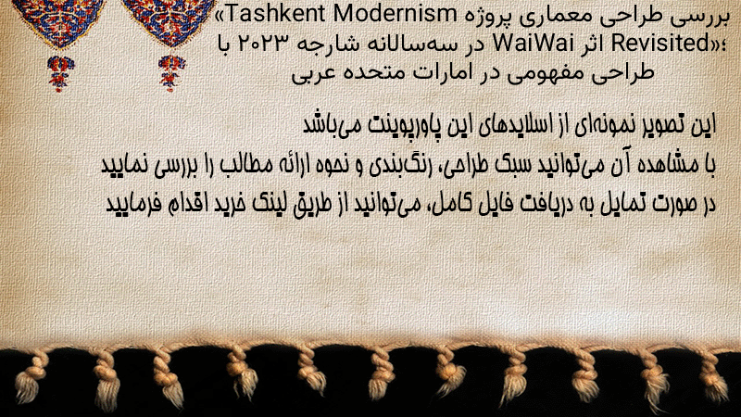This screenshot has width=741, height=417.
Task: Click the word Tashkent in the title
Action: point(275,14)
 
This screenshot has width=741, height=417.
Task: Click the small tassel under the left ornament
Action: point(60,73)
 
